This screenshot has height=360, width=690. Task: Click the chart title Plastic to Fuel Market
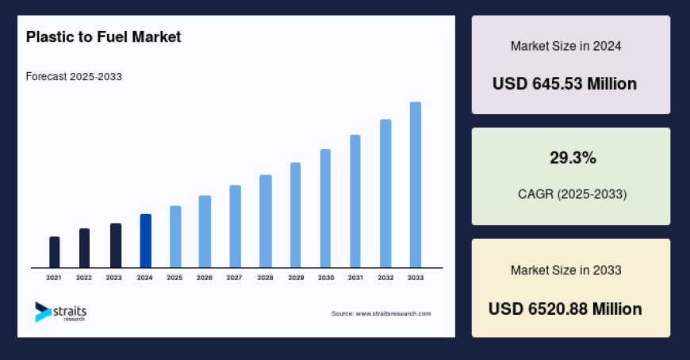pyautogui.click(x=103, y=36)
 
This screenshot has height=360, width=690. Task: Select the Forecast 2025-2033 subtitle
pyautogui.click(x=73, y=76)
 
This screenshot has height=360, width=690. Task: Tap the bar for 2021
pyautogui.click(x=54, y=252)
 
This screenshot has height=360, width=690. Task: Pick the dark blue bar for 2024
pyautogui.click(x=145, y=241)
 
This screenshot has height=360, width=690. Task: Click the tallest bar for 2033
pyautogui.click(x=415, y=185)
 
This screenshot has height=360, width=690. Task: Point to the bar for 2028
pyautogui.click(x=266, y=221)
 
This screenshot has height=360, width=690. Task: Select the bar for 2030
pyautogui.click(x=325, y=209)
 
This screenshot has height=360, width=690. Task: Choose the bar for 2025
pyautogui.click(x=175, y=236)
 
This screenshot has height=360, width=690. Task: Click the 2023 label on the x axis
pyautogui.click(x=114, y=278)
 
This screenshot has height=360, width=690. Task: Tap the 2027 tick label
pyautogui.click(x=234, y=278)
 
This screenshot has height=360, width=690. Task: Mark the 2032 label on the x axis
pyautogui.click(x=385, y=278)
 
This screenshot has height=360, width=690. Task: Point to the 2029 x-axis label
pyautogui.click(x=295, y=278)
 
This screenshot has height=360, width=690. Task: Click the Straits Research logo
pyautogui.click(x=61, y=311)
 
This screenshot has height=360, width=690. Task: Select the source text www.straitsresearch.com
pyautogui.click(x=381, y=313)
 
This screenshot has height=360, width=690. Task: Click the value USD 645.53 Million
pyautogui.click(x=564, y=83)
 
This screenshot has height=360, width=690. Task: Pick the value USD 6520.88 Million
pyautogui.click(x=565, y=308)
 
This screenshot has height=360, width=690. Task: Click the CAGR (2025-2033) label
pyautogui.click(x=570, y=193)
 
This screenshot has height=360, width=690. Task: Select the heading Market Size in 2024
pyautogui.click(x=565, y=46)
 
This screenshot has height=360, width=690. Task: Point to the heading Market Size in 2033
pyautogui.click(x=565, y=270)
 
